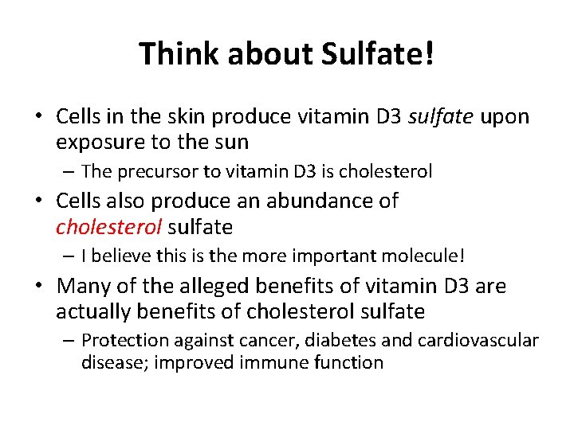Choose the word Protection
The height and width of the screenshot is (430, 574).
(129, 340)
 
